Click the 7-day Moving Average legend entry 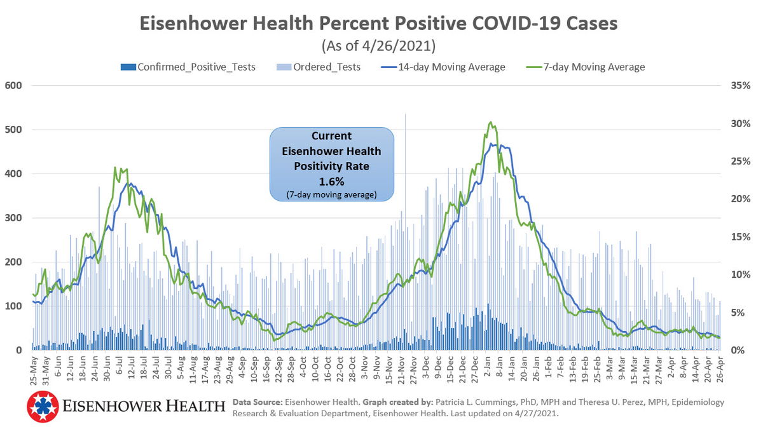595,67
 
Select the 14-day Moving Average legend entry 451,67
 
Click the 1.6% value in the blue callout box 331,180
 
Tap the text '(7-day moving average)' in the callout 331,194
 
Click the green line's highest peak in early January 490,123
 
